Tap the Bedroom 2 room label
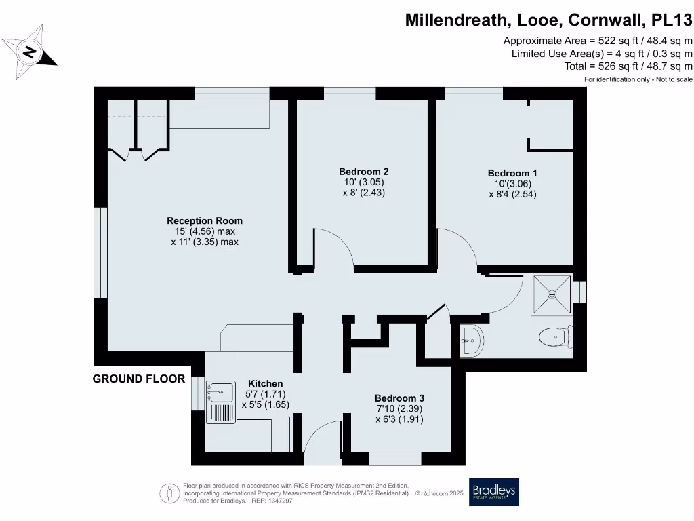click(363, 172)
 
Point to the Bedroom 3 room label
click(399, 398)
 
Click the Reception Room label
click(205, 220)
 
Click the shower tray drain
click(552, 294)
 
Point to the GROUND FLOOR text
click(139, 379)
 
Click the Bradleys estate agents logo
click(494, 493)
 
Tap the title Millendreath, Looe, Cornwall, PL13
click(549, 20)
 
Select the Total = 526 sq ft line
click(628, 66)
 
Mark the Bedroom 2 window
click(350, 93)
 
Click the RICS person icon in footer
click(169, 493)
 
